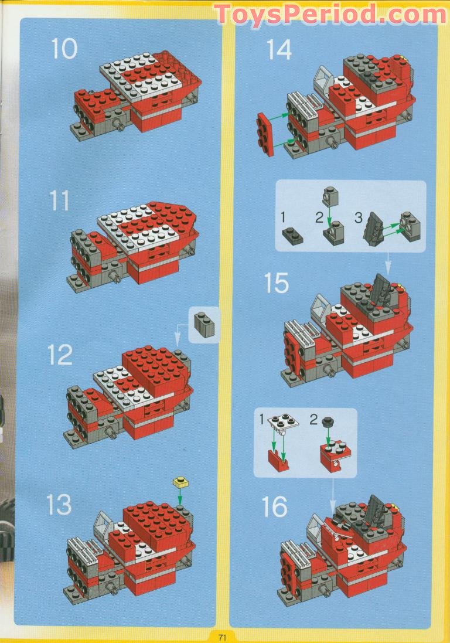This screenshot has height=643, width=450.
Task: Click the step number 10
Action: pyautogui.click(x=64, y=49)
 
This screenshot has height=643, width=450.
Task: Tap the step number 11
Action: pyautogui.click(x=59, y=201)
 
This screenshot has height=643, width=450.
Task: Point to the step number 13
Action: pyautogui.click(x=59, y=505)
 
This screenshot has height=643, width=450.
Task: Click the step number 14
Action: pyautogui.click(x=279, y=49)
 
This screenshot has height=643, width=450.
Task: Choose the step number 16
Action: pyautogui.click(x=275, y=506)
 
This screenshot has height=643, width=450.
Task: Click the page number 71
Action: pyautogui.click(x=222, y=637)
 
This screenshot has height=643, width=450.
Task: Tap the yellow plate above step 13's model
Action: pyautogui.click(x=180, y=482)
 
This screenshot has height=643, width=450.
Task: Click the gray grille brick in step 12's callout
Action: pyautogui.click(x=204, y=324)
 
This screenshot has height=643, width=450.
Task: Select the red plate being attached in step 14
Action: pyautogui.click(x=265, y=135)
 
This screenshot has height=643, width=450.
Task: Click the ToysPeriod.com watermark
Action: pyautogui.click(x=330, y=15)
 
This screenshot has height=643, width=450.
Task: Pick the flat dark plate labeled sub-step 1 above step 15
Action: pyautogui.click(x=292, y=235)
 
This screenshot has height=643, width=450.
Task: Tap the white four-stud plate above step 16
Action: pyautogui.click(x=283, y=423)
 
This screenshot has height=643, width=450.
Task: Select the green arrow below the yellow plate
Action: pyautogui.click(x=180, y=496)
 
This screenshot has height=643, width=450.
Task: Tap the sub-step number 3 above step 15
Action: pyautogui.click(x=358, y=217)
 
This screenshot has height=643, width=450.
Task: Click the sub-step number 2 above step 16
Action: pyautogui.click(x=313, y=420)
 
